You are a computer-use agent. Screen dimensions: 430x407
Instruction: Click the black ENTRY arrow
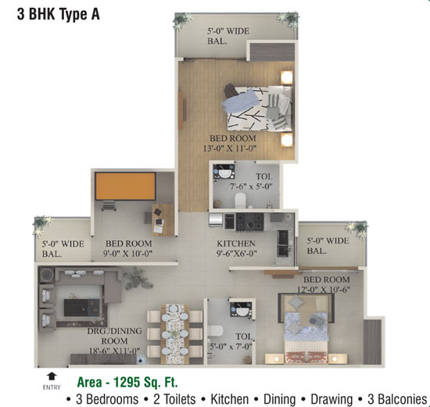[52, 376]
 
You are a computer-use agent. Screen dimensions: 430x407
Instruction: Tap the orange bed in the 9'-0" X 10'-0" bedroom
[126, 186]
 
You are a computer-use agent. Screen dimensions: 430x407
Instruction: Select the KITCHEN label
[236, 243]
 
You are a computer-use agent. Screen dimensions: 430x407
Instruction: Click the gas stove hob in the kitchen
[250, 222]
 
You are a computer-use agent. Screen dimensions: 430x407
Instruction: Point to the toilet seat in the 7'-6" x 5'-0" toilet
[240, 200]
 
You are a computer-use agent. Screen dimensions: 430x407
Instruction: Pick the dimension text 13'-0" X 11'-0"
[230, 149]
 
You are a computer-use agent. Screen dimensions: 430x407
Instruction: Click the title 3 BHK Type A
[59, 14]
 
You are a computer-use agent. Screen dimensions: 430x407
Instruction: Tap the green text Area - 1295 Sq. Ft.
[127, 382]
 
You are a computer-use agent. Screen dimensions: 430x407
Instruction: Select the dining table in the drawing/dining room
[174, 334]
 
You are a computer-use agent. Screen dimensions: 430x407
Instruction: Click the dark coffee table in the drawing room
[82, 308]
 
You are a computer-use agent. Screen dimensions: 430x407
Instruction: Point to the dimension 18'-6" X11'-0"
[114, 351]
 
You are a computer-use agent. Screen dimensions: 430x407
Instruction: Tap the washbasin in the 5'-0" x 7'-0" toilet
[242, 310]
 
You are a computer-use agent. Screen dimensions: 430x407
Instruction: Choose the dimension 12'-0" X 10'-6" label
[324, 290]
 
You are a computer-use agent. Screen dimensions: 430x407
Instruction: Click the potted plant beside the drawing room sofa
[138, 279]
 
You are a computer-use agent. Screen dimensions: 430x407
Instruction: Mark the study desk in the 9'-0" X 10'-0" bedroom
[163, 220]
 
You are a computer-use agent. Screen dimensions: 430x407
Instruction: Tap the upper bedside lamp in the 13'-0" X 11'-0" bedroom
[287, 77]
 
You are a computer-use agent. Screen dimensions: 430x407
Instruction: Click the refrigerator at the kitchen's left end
[216, 220]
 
